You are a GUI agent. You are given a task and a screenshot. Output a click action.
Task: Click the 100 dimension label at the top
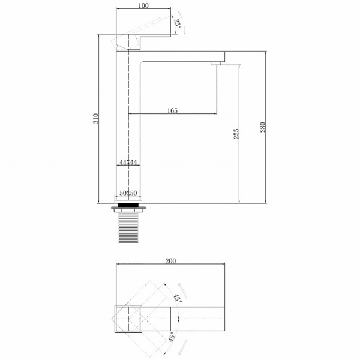coord(143,6)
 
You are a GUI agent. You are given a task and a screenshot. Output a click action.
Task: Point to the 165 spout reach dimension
coord(172,110)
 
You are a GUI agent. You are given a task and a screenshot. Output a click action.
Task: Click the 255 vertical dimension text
coord(236,133)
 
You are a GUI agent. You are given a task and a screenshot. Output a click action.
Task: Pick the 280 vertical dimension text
coord(263,127)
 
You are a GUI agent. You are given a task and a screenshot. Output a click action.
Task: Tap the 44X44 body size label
coord(128,163)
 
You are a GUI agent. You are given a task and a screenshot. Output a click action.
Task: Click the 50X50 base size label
coord(128,194)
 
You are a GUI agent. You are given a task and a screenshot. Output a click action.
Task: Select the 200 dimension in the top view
coord(170,261)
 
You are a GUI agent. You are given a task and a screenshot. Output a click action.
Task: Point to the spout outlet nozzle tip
coord(217,63)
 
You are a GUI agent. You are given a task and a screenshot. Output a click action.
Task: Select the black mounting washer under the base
coord(128,205)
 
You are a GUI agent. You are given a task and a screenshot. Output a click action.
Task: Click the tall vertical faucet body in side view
coord(128,132)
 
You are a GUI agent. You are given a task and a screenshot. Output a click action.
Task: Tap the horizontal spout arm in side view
coord(180,55)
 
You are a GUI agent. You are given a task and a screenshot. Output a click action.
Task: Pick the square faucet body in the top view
coord(128,317)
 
